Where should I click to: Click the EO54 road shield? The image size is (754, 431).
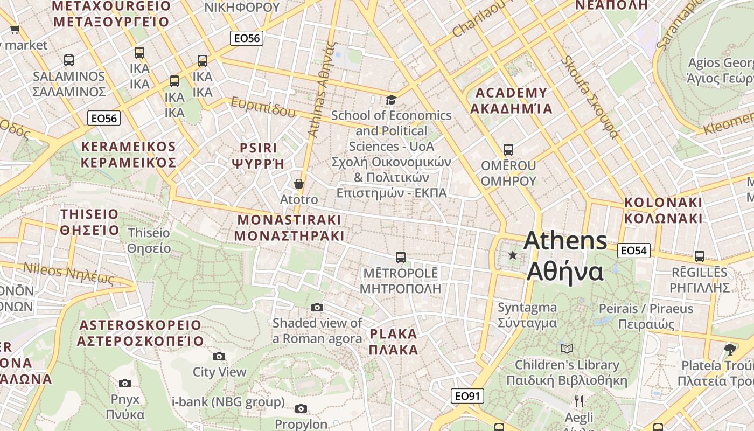634,250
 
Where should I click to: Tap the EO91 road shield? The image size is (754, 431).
467,397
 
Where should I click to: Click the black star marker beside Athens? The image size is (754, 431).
513,255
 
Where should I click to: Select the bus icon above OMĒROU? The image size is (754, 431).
508,150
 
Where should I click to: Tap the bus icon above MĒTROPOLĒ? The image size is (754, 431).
400,258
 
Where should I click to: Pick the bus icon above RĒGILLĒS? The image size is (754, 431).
699,256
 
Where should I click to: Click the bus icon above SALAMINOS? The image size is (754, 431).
68,60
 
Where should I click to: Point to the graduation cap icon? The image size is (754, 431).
391,100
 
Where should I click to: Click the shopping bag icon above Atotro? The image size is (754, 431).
299,184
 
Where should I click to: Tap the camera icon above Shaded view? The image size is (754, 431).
317,307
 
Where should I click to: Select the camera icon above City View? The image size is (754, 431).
219,356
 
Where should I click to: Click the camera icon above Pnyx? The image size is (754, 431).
125,383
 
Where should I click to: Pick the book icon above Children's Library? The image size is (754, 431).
567,349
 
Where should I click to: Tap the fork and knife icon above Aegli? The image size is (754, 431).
579,401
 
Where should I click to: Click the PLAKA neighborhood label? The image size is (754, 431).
394,342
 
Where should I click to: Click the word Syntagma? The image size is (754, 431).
527,308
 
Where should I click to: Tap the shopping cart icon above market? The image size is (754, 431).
15,29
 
